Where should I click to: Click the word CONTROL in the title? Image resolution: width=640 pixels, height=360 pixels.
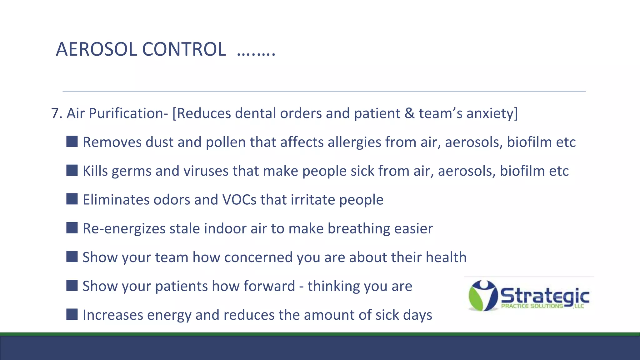184,49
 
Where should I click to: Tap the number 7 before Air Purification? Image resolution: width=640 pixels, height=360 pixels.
55,113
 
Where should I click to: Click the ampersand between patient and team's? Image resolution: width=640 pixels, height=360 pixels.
409,113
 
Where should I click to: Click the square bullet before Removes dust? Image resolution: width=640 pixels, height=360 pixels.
72,142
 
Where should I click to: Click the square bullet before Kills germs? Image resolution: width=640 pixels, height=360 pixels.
72,170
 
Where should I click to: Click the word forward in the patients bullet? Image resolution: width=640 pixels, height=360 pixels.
269,286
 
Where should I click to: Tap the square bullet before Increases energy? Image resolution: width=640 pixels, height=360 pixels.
72,314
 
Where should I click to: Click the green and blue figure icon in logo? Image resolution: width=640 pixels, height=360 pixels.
483,295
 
